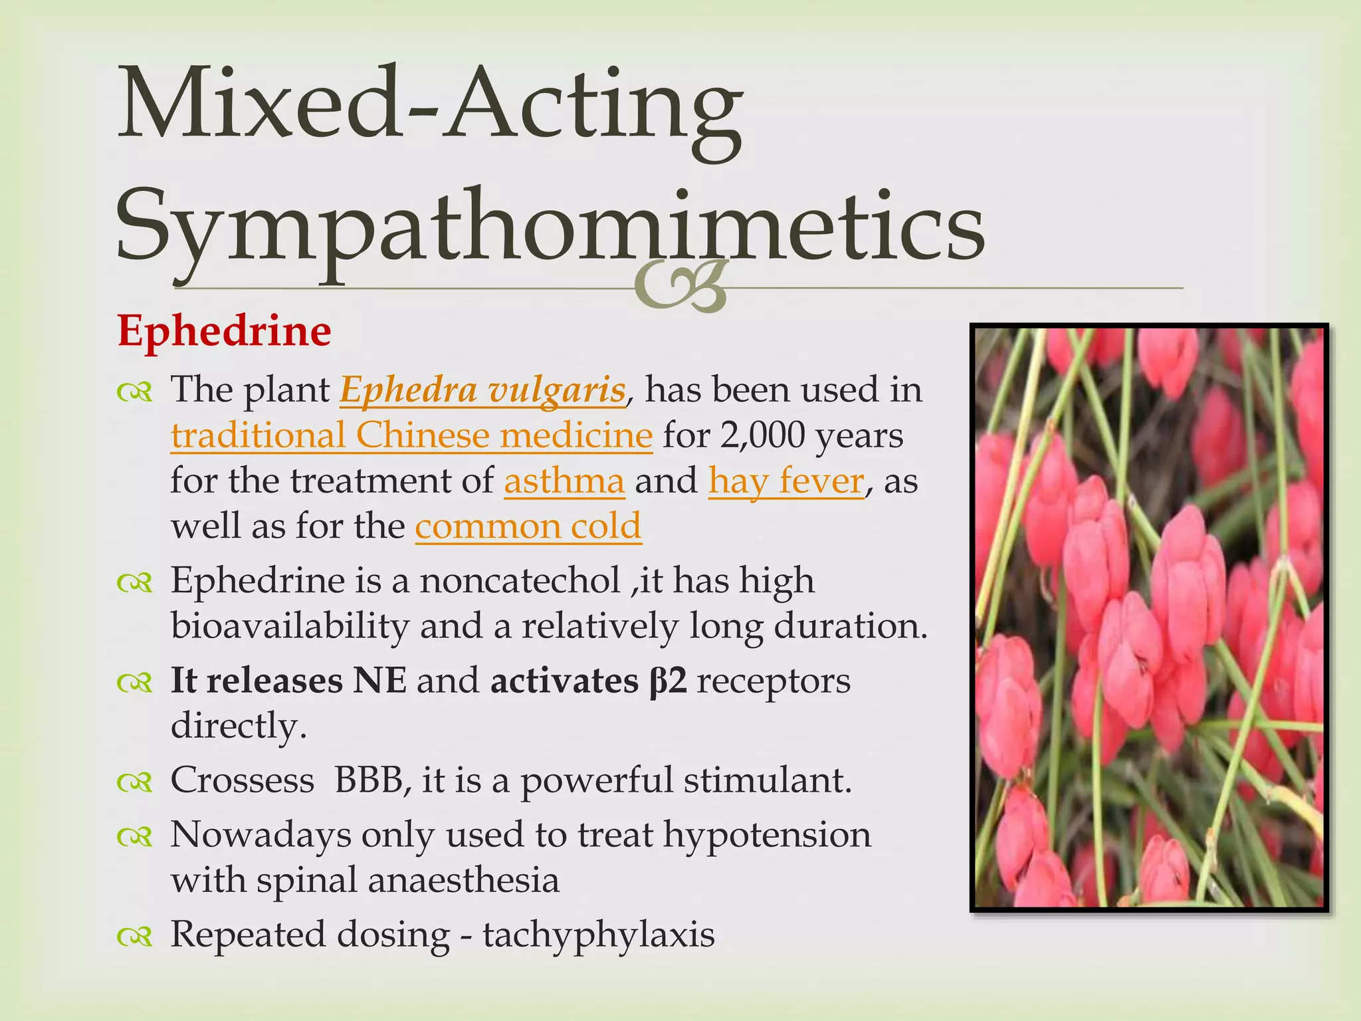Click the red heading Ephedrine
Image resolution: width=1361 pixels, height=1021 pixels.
click(224, 331)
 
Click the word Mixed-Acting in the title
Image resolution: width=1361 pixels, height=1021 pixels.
click(429, 106)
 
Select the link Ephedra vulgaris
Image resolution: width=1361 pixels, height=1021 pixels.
click(482, 390)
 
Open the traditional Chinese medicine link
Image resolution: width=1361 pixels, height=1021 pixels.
click(411, 435)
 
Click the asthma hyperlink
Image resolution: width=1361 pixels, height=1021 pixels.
click(564, 481)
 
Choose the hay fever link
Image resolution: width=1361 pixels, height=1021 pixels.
click(786, 481)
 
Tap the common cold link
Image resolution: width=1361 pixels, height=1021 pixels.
click(528, 526)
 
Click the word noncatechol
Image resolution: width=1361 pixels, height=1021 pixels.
click(520, 580)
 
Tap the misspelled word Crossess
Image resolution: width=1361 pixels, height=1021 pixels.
click(243, 780)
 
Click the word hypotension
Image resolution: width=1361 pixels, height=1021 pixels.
click(767, 835)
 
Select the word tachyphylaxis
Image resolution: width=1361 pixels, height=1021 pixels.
click(599, 935)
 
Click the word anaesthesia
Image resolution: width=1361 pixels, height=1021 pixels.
click(463, 880)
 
